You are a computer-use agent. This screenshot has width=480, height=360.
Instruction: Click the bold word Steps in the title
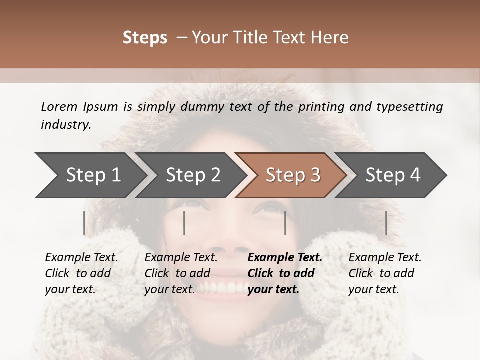click(145, 38)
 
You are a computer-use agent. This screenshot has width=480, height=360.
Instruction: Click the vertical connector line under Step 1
click(84, 223)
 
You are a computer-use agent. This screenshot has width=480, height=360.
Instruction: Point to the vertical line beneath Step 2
click(184, 223)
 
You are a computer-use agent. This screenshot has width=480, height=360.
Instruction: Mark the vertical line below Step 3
click(285, 223)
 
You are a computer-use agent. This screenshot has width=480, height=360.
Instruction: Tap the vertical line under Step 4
click(386, 223)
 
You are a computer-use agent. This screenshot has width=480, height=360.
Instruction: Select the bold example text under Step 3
click(284, 273)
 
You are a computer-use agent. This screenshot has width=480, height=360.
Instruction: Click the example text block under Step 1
click(81, 273)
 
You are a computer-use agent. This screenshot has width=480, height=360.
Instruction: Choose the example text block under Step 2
click(181, 273)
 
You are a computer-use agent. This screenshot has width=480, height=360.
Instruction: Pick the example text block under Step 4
click(384, 273)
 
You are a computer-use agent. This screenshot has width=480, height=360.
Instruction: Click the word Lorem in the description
click(59, 106)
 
